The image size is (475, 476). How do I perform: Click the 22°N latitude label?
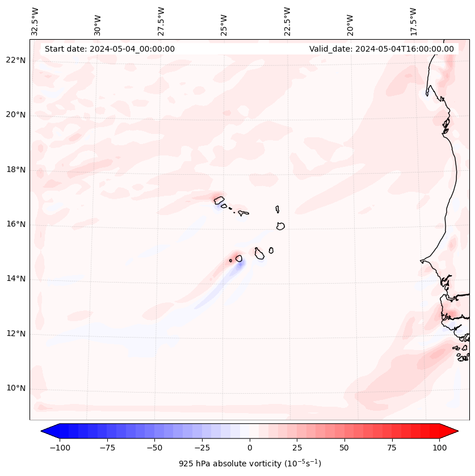[16, 60]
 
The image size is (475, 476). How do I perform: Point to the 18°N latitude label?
[16, 170]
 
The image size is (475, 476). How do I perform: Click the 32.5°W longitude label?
[35, 21]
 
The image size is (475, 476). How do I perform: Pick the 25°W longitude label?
[224, 21]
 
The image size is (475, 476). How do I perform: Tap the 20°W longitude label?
[350, 21]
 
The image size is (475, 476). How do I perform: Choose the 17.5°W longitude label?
[413, 21]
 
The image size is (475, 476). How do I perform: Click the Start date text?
[110, 49]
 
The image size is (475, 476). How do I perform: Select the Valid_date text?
[381, 49]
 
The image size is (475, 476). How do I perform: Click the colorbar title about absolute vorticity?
[250, 464]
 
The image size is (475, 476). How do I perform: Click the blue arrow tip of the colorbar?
[45, 431]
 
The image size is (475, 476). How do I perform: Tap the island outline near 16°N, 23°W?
[280, 226]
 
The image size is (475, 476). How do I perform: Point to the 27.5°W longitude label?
[161, 21]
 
